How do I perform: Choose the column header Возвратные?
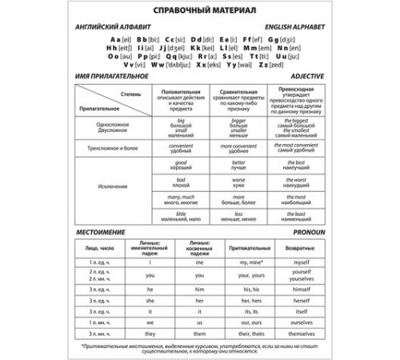pyautogui.click(x=301, y=249)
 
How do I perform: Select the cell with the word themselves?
pyautogui.click(x=301, y=333)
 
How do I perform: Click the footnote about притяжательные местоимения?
pyautogui.click(x=200, y=349)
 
